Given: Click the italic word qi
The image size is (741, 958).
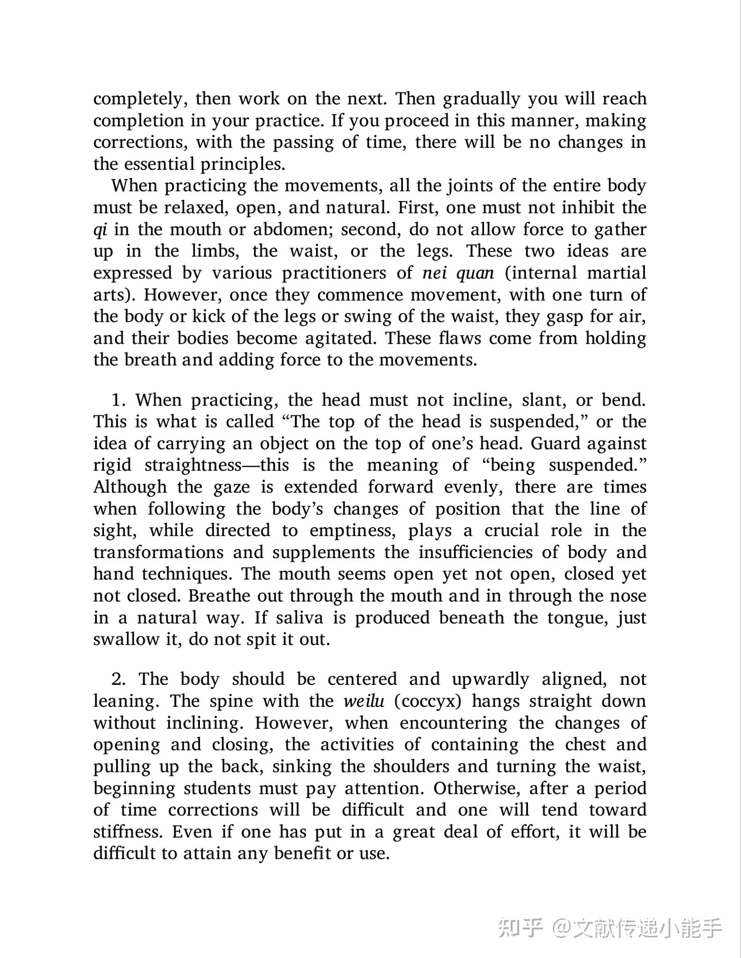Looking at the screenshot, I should point(100,230).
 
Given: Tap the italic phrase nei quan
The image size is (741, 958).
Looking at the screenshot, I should point(458,273).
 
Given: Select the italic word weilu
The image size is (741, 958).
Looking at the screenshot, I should point(364,701).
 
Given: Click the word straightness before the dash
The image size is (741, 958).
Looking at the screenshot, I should point(193,465).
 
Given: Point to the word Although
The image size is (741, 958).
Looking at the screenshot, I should point(130,487).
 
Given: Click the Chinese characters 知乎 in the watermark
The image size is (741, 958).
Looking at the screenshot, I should point(520,927).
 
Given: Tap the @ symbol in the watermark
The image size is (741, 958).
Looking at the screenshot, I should point(561,928).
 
